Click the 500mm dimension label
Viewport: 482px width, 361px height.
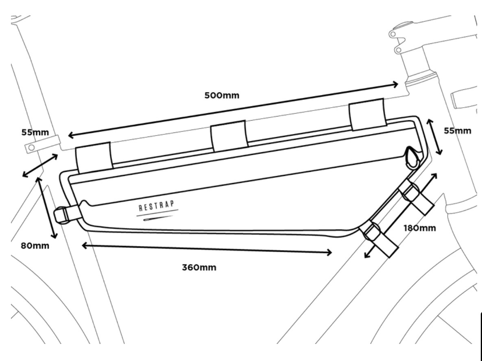(x=222, y=96)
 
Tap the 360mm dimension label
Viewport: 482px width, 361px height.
(x=199, y=268)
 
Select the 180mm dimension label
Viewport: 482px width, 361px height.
(x=419, y=228)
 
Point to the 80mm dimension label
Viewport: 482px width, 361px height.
(x=35, y=246)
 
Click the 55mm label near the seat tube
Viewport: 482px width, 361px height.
(x=35, y=132)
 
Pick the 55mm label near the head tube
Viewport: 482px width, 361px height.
(x=458, y=131)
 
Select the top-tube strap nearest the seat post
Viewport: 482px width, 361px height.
(x=94, y=158)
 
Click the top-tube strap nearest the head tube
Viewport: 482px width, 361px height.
(x=367, y=114)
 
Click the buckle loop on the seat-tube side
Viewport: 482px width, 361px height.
(x=62, y=214)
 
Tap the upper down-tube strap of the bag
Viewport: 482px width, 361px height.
(x=415, y=197)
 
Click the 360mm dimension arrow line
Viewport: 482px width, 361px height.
(x=207, y=249)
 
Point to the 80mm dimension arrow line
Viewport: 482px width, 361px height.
(x=47, y=208)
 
